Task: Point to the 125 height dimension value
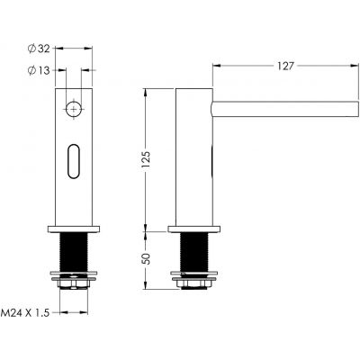tap(157, 159)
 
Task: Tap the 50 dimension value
tap(157, 258)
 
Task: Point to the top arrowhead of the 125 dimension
tap(149, 91)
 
